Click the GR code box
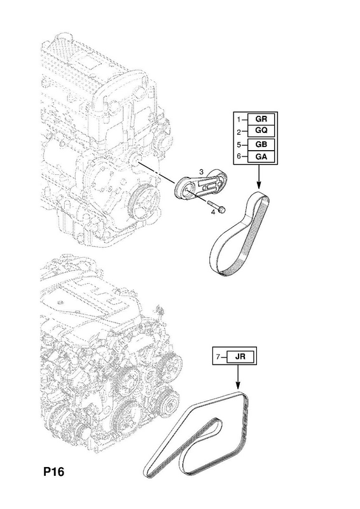tap(261, 119)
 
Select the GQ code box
tap(261, 131)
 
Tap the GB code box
tap(261, 145)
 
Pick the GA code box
tap(261, 157)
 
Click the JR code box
tap(241, 357)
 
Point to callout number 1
tap(239, 120)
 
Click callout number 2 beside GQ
tap(239, 132)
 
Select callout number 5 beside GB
tap(239, 145)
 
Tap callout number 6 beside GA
tap(239, 157)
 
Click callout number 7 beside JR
tap(218, 357)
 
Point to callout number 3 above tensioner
tap(201, 172)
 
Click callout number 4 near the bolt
tap(213, 213)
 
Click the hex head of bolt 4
tap(222, 211)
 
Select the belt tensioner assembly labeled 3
tap(201, 186)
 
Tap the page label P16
tap(54, 471)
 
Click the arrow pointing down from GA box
tap(259, 176)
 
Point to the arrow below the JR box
tap(238, 377)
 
